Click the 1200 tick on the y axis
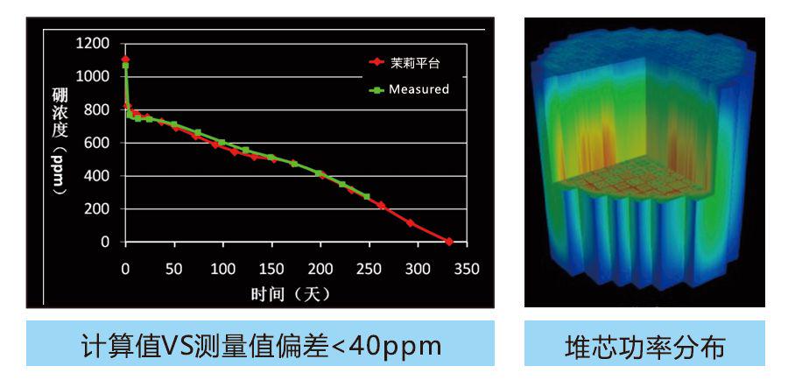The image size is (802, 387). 93,43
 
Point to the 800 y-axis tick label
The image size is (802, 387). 96,109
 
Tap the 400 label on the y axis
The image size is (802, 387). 96,176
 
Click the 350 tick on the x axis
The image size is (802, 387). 468,269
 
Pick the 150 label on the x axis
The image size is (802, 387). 272,269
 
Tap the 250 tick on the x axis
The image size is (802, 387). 369,269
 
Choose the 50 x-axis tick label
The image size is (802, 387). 174,269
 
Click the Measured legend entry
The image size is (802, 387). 419,89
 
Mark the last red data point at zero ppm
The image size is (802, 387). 449,242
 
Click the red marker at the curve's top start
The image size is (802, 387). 125,60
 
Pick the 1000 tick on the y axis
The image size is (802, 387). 93,76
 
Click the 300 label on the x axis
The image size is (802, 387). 419,269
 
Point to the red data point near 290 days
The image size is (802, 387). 410,223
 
